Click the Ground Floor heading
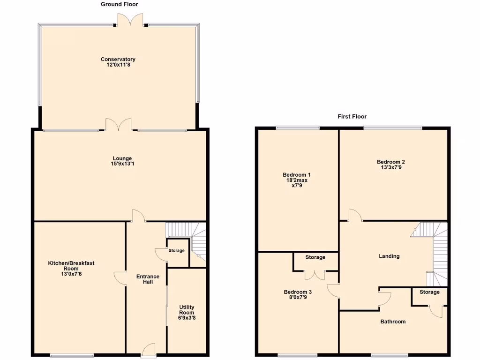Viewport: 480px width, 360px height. coord(120,4)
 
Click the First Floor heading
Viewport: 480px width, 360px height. coord(352,116)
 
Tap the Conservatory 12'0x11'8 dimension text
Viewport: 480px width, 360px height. coord(118,66)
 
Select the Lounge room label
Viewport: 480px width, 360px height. coord(122,158)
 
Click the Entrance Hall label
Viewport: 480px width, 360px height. coord(148,279)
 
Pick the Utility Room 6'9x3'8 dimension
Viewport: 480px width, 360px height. coord(187,317)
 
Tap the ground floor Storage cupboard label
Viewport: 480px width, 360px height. coord(176,251)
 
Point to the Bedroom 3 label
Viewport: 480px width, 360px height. coord(298,292)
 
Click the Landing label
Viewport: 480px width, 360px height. coord(389,256)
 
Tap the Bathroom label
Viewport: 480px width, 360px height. coord(393,322)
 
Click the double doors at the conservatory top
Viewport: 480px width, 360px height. coord(130,20)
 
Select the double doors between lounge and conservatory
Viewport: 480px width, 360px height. coord(118,125)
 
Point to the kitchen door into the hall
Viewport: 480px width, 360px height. coord(120,278)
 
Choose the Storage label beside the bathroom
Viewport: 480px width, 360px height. coord(429,292)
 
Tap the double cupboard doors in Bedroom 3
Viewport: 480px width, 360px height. coord(315,275)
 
